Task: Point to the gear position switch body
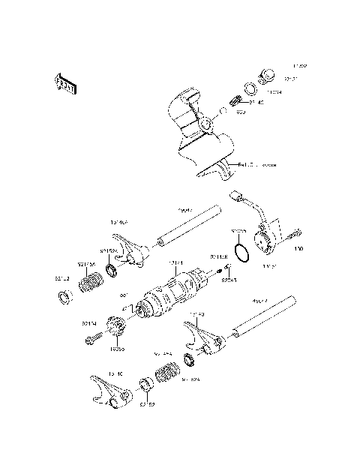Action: click(x=265, y=240)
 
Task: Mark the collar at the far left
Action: click(x=64, y=299)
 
